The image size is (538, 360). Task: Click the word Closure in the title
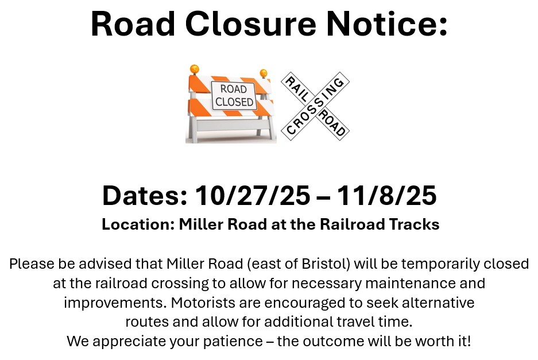click(251, 24)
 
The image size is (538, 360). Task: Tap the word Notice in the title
click(383, 24)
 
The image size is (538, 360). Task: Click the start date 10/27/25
click(253, 196)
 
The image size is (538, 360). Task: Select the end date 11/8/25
click(386, 196)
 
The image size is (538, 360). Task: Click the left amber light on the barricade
click(195, 69)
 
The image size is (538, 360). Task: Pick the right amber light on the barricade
click(264, 73)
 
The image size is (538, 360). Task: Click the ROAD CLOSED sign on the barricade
click(234, 96)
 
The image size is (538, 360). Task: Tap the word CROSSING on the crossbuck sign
click(315, 106)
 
